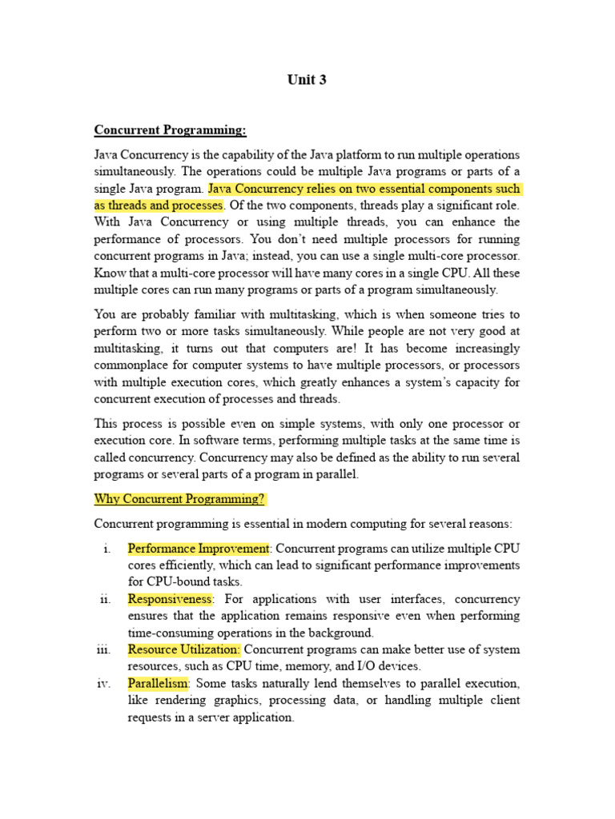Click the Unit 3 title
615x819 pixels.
(x=307, y=80)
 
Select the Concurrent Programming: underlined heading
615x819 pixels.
(x=171, y=130)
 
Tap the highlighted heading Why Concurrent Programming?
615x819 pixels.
(x=179, y=500)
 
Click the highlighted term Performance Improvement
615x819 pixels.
(x=199, y=549)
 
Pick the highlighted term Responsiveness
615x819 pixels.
(x=170, y=599)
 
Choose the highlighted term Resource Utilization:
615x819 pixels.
(x=183, y=649)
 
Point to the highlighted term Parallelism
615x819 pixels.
(x=158, y=684)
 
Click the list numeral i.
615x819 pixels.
(x=107, y=549)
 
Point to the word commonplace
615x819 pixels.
(x=133, y=366)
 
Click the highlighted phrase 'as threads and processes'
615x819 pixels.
(x=158, y=206)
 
